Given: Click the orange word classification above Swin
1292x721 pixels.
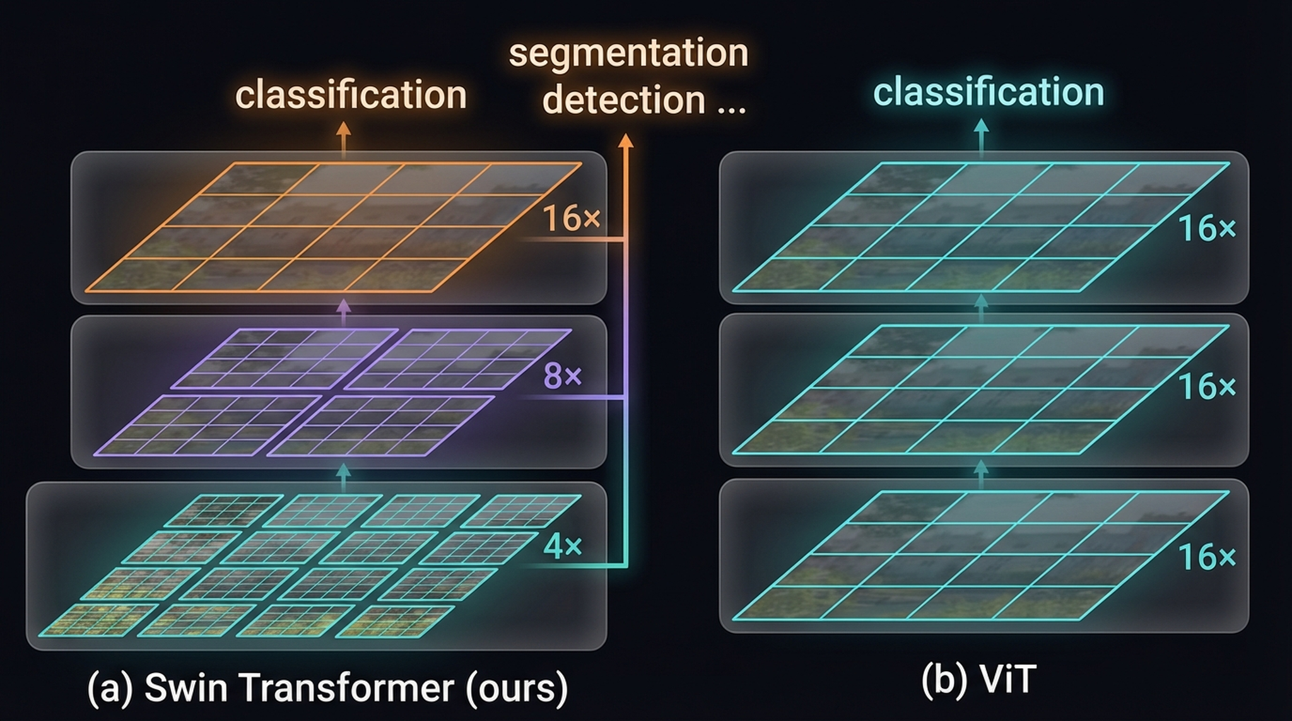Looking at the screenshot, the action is pos(351,95).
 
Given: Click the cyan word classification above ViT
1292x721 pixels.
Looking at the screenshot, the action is pos(989,91).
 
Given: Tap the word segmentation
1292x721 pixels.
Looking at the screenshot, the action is pos(628,53).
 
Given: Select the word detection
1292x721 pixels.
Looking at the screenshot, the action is pos(625,100).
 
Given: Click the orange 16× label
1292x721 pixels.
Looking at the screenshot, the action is pos(572,218).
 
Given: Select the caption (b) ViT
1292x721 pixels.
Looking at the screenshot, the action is pos(979,680).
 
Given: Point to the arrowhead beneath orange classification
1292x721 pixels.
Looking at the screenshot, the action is pos(343,129).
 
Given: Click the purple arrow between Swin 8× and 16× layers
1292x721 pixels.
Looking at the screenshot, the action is pos(343,312).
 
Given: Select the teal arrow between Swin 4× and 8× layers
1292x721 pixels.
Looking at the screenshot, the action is pos(343,478).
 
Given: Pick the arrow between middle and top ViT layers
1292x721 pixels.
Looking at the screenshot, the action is pos(981,308).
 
